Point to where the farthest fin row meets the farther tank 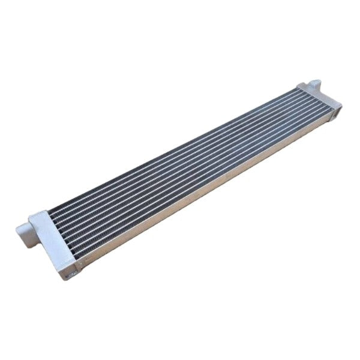tap(296, 90)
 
